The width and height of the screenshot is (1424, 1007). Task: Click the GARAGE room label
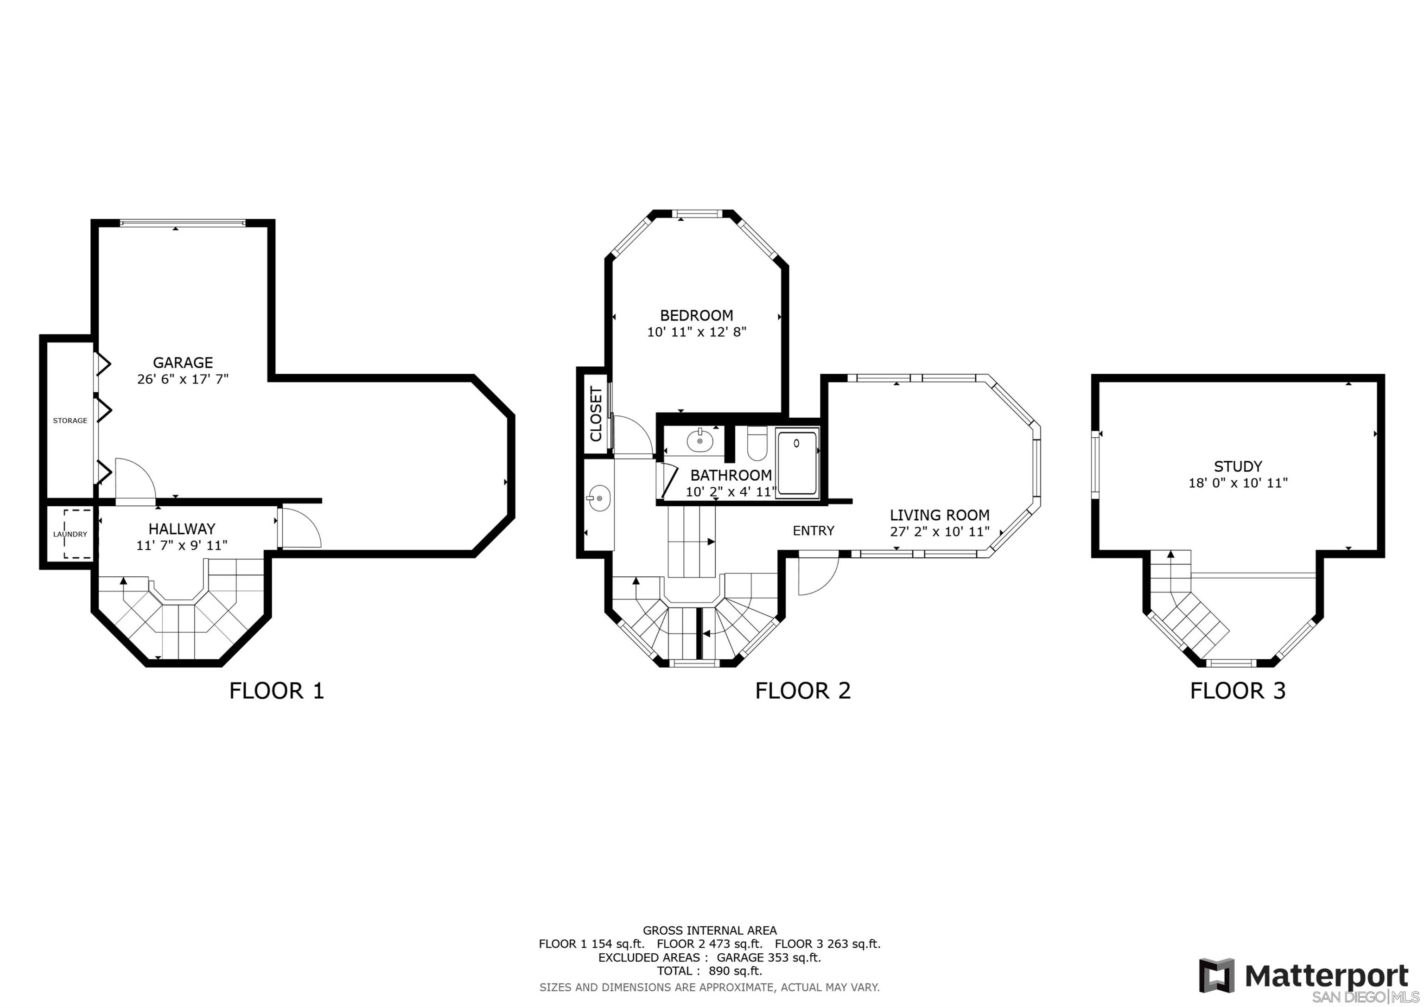[x=183, y=363]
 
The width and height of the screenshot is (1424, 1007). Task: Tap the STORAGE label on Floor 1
[x=70, y=421]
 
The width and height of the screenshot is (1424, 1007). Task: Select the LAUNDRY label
[x=70, y=534]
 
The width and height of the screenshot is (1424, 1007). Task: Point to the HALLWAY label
[x=182, y=529]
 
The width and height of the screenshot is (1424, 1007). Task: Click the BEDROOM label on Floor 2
[x=697, y=315]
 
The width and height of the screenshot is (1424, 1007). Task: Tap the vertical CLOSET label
[x=597, y=414]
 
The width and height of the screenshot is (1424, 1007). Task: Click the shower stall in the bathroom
[x=798, y=461]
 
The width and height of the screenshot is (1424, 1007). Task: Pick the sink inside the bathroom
[x=701, y=440]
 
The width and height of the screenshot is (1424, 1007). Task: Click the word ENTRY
[x=814, y=530]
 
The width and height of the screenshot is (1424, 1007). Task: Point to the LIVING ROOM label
[x=940, y=515]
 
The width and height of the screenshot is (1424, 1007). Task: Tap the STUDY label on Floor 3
[x=1238, y=466]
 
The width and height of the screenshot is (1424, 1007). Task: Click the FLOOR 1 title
[x=277, y=690]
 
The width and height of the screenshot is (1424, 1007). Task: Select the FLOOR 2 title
[x=802, y=690]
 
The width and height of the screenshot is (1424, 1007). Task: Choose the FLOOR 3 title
[x=1238, y=690]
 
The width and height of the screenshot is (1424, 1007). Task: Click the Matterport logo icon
[x=1216, y=976]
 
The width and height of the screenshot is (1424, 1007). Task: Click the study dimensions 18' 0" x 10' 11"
[x=1238, y=483]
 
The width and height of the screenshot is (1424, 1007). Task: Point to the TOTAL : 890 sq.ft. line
[x=710, y=971]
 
